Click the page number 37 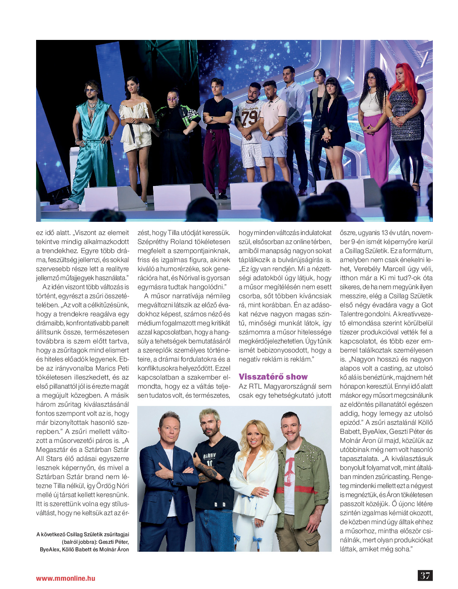[x=425, y=575]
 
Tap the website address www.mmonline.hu [x=65, y=578]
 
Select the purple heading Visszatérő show [x=273, y=377]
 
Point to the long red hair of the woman [x=403, y=81]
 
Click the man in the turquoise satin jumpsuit [x=91, y=143]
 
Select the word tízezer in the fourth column [x=349, y=332]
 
